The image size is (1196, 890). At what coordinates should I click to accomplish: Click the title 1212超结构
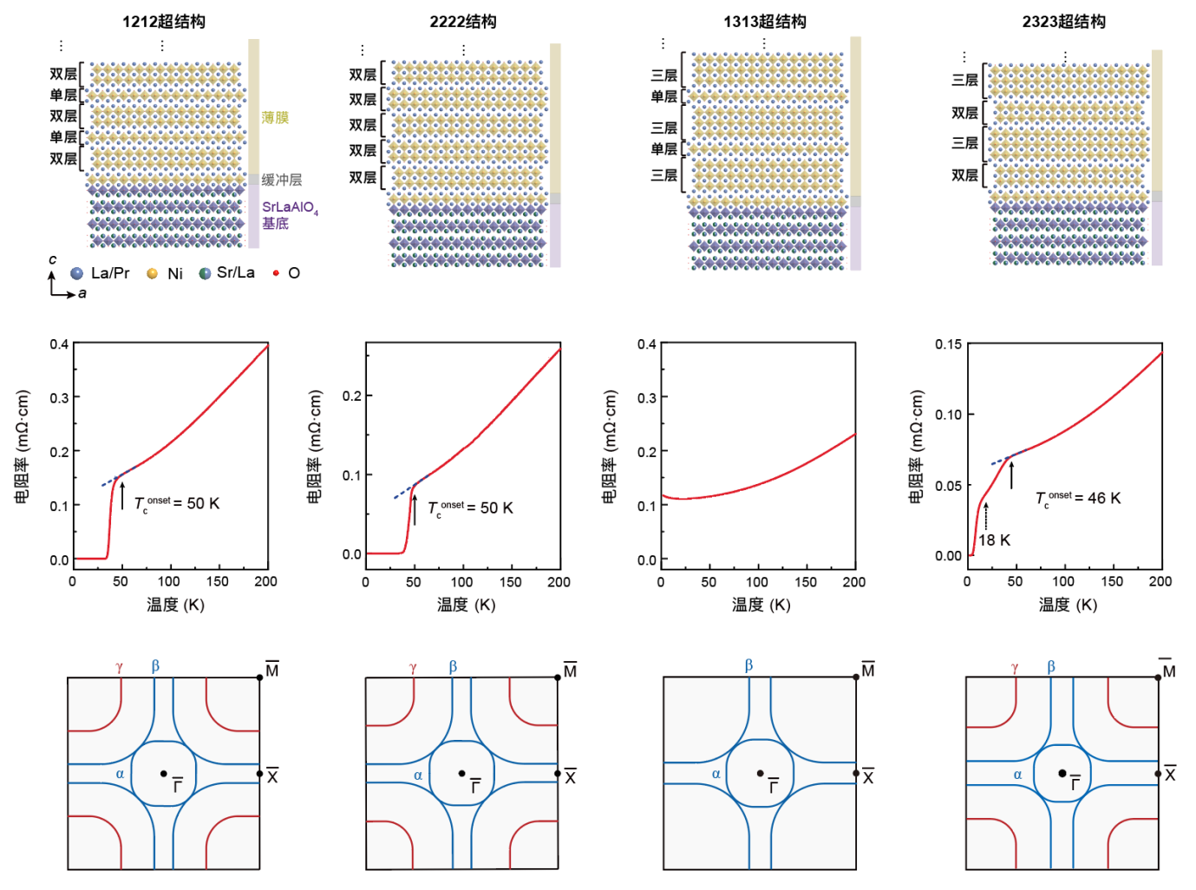(163, 22)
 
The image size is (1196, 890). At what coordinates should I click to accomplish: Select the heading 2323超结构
(1063, 22)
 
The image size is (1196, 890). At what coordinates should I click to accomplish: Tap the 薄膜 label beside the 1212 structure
(275, 117)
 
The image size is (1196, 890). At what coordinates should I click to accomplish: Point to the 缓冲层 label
(282, 180)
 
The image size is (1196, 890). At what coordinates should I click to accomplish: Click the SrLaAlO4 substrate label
(290, 207)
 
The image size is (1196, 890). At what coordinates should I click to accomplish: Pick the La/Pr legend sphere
(77, 273)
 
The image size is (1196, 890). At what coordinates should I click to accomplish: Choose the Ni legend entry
(153, 273)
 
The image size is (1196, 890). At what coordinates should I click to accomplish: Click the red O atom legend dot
(276, 273)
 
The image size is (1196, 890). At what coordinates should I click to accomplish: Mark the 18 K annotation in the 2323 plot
(995, 540)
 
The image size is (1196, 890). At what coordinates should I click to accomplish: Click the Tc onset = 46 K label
(1078, 499)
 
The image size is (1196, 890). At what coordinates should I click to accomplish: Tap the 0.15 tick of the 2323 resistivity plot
(948, 344)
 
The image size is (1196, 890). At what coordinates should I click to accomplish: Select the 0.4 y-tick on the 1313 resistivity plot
(647, 344)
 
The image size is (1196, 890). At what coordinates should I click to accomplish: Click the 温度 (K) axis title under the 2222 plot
(466, 605)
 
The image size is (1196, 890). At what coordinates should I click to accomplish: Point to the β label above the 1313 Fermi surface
(748, 665)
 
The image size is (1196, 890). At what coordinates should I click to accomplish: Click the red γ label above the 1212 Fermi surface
(119, 667)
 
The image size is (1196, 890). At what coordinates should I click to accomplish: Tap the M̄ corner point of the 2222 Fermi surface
(558, 677)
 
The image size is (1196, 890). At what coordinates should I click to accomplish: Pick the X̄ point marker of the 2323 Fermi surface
(1158, 774)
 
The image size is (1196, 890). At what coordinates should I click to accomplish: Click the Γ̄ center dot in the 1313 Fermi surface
(760, 773)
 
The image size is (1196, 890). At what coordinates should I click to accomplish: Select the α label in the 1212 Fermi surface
(120, 774)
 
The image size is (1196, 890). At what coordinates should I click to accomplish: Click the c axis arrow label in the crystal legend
(53, 259)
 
